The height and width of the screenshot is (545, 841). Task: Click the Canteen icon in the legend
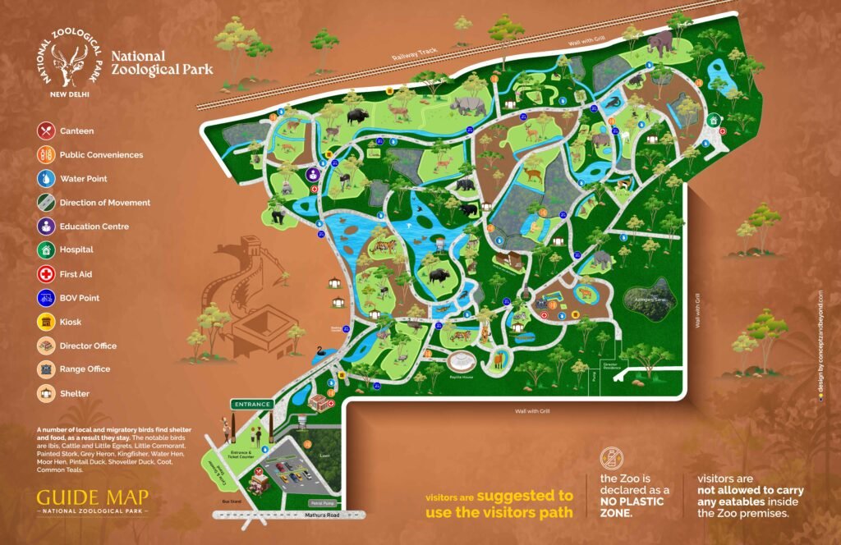click(47, 131)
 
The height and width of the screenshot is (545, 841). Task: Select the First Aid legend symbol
click(47, 274)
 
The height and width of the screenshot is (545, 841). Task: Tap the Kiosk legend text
click(71, 322)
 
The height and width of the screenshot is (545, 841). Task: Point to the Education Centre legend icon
click(47, 226)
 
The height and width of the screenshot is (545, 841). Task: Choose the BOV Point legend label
click(80, 298)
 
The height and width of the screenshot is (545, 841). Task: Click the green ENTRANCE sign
click(252, 405)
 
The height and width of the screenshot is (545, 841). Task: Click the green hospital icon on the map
click(714, 120)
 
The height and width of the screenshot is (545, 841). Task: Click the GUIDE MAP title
click(92, 497)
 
